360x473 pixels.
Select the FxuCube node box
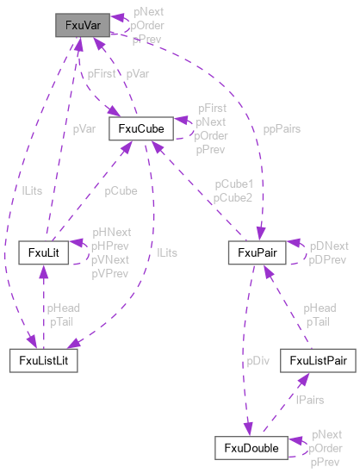pos(141,129)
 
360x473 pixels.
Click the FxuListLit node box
pos(43,361)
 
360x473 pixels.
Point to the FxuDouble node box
pos(250,448)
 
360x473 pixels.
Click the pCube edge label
pos(121,190)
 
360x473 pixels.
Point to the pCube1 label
pos(233,184)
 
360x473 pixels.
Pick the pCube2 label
pos(233,197)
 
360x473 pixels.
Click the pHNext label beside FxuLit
pos(112,233)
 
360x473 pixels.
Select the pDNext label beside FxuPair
pos(328,246)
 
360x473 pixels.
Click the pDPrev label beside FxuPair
pos(328,258)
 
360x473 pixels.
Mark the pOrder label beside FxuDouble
pos(326,448)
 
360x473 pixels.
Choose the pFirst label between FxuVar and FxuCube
pos(101,74)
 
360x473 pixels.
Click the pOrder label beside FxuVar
pos(147,26)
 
